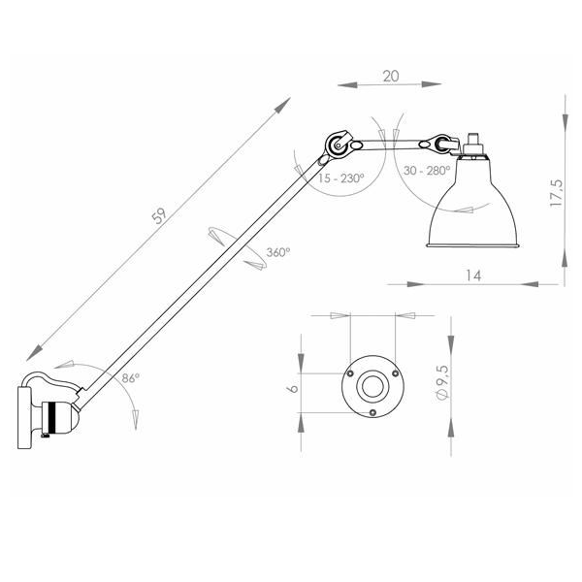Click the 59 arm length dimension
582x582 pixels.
[x=160, y=215]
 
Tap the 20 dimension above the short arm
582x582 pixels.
[x=391, y=77]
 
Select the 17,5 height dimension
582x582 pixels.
[x=557, y=193]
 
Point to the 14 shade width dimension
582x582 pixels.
[x=473, y=275]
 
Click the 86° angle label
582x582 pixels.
[x=130, y=378]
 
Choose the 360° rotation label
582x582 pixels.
[x=278, y=252]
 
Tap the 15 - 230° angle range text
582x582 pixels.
[x=340, y=178]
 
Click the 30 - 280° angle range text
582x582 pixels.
[x=427, y=171]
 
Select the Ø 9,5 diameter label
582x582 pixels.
[x=443, y=382]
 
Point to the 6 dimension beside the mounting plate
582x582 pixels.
[x=293, y=388]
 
